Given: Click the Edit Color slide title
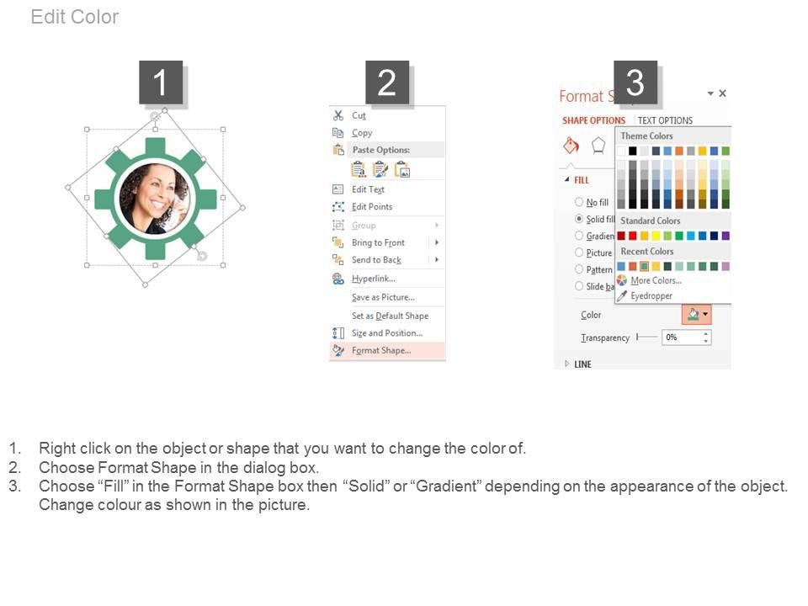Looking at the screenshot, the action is click(x=75, y=17).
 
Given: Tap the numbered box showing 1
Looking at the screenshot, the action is click(x=161, y=82).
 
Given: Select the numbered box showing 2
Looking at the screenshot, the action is click(x=387, y=82).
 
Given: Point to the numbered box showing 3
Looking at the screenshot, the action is click(x=635, y=82).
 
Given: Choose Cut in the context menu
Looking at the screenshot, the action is click(x=359, y=115).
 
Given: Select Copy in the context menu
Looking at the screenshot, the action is click(x=362, y=133).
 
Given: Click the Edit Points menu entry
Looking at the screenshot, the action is click(x=372, y=207).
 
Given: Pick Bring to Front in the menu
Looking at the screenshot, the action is click(x=378, y=242).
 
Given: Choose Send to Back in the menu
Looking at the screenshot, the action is click(x=376, y=260).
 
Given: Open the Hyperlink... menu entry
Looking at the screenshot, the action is click(x=374, y=279).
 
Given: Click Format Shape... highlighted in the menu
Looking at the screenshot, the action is click(x=381, y=350).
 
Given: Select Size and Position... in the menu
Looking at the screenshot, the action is click(x=387, y=333).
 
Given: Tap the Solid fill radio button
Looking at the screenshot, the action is click(x=579, y=219).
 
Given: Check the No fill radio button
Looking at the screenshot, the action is click(x=579, y=202).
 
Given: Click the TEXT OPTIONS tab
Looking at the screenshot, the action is click(x=665, y=120).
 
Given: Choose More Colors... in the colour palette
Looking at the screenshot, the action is click(x=656, y=281).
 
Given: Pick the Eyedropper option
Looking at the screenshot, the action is click(x=651, y=295).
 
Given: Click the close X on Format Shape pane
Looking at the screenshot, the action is click(x=722, y=93).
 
